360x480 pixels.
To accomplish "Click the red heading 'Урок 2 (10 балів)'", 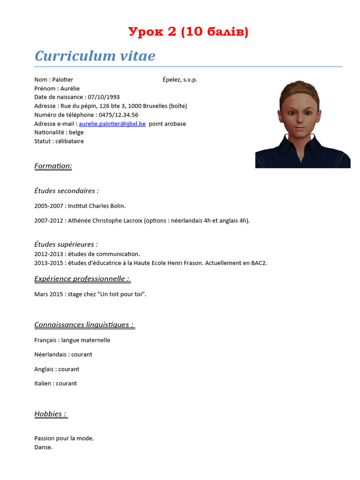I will pyautogui.click(x=188, y=32).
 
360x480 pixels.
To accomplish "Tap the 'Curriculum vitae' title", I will pyautogui.click(x=95, y=56).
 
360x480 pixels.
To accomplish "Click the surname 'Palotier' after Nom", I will pyautogui.click(x=63, y=80).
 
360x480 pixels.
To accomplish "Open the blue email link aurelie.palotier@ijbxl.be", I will pyautogui.click(x=112, y=124).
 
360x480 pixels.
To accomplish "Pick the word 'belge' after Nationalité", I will pyautogui.click(x=76, y=133).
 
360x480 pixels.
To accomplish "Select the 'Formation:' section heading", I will pyautogui.click(x=53, y=166).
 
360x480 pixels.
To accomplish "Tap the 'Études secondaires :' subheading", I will pyautogui.click(x=67, y=191).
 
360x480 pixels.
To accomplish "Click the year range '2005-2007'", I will pyautogui.click(x=49, y=206).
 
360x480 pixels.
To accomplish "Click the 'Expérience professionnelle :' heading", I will pyautogui.click(x=82, y=279).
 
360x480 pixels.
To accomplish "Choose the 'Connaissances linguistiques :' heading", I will pyautogui.click(x=84, y=325).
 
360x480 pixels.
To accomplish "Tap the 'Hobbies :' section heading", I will pyautogui.click(x=51, y=414).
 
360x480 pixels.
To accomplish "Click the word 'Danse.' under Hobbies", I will pyautogui.click(x=44, y=447).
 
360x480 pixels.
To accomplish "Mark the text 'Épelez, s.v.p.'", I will pyautogui.click(x=180, y=80).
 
